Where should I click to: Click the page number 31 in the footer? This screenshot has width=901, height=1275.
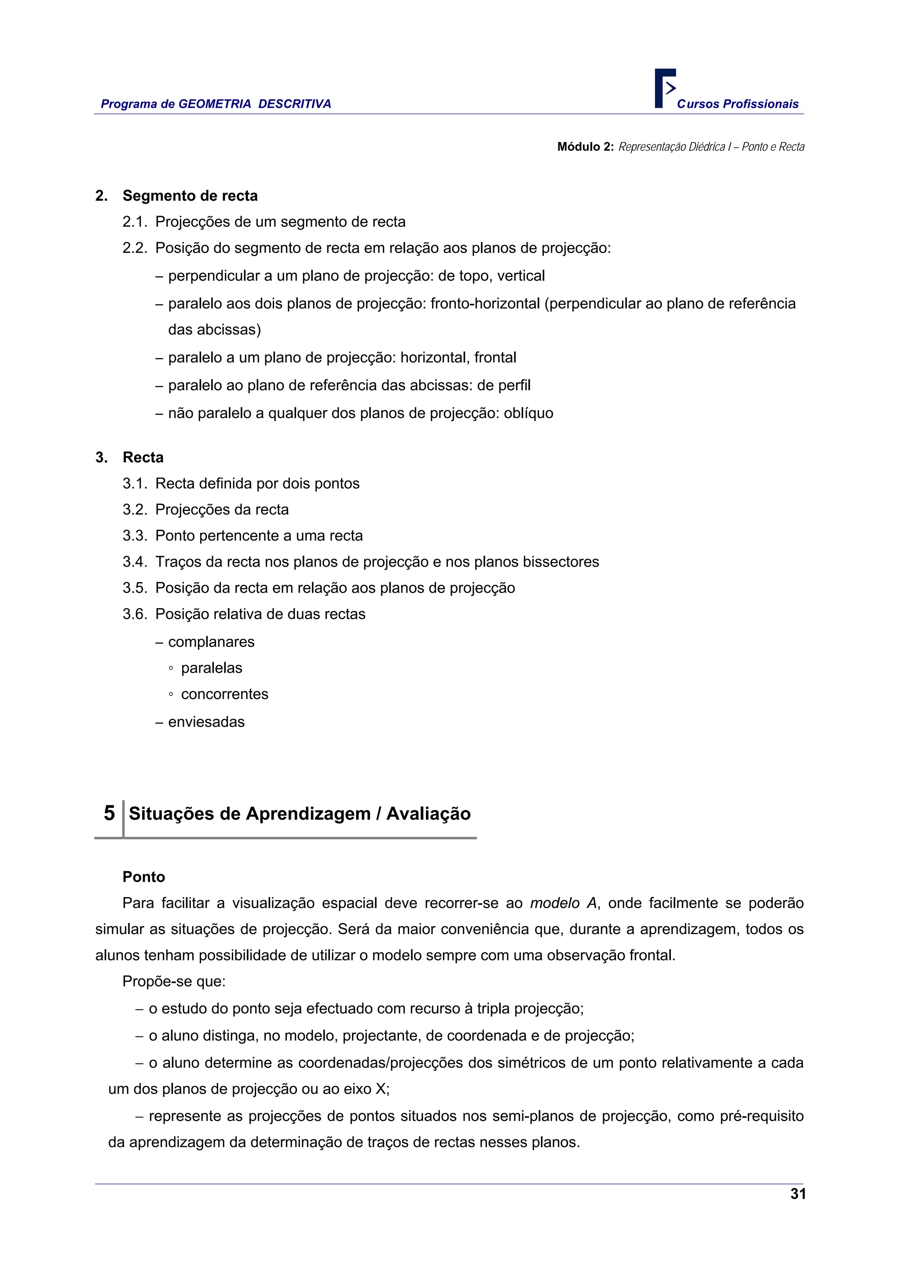(x=798, y=1194)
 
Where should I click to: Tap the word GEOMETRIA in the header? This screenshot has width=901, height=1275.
(x=215, y=104)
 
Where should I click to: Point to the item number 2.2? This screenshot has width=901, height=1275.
(x=135, y=248)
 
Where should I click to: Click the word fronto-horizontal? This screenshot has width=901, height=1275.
(x=485, y=303)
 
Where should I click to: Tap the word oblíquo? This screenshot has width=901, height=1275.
(x=528, y=413)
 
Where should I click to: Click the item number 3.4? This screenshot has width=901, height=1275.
(x=135, y=561)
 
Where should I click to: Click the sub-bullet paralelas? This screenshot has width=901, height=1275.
(x=212, y=667)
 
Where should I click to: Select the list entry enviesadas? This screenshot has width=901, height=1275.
(x=206, y=722)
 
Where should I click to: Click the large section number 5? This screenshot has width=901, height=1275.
(x=110, y=813)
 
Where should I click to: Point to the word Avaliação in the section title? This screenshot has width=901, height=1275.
(x=428, y=813)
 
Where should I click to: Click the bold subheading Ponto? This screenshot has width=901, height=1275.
(x=144, y=877)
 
